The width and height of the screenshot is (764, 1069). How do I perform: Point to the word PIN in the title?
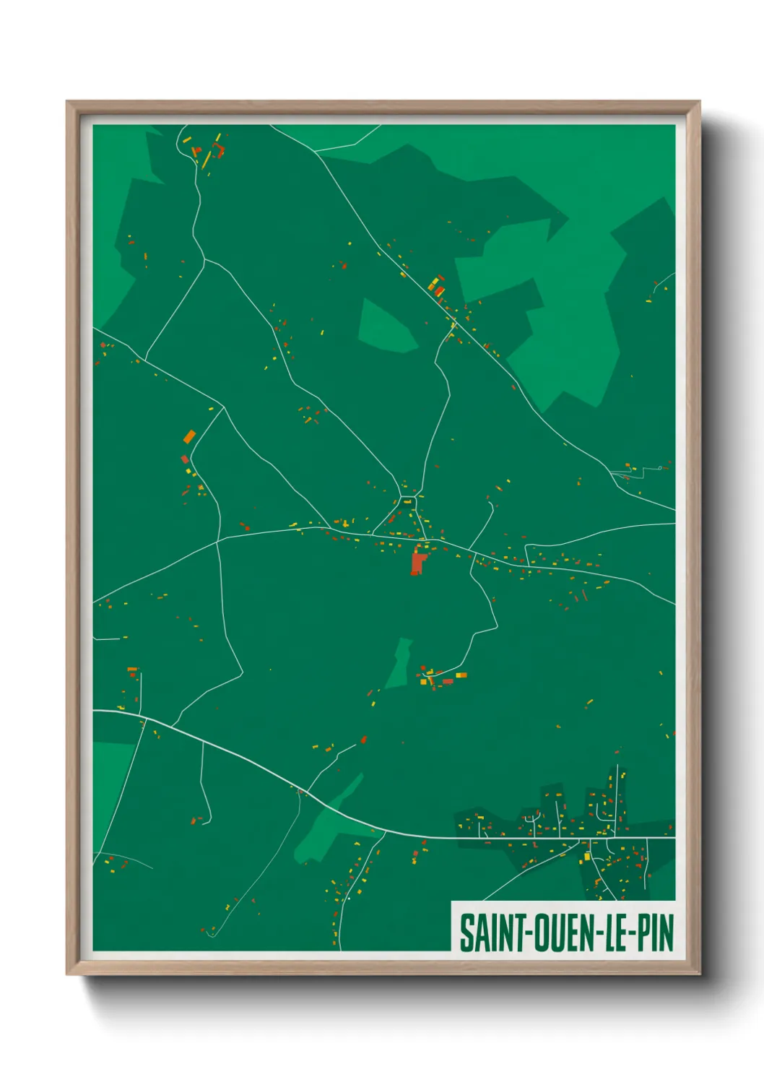tap(656, 933)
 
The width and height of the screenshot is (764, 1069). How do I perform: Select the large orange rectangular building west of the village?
tap(189, 436)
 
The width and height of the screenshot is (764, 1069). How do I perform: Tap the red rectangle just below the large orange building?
tap(184, 459)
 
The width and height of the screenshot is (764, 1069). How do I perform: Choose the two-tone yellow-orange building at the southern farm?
tap(461, 675)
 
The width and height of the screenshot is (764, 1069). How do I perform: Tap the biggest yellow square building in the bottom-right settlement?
tap(587, 857)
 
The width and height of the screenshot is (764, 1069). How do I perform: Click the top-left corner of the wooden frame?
tap(67, 102)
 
